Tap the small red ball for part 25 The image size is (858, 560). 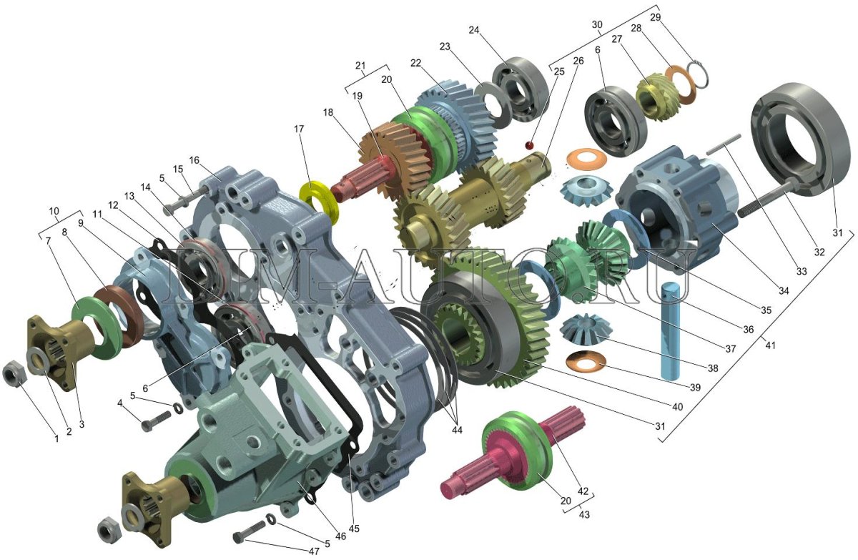point(530,144)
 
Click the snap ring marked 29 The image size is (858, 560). point(698,74)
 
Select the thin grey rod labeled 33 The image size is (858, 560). point(724,144)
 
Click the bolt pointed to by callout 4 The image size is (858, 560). point(156,421)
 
